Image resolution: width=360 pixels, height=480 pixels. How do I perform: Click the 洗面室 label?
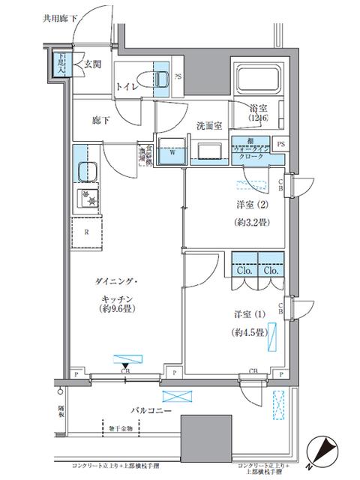[x=210, y=125]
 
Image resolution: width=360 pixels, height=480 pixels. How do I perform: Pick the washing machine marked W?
[x=171, y=150]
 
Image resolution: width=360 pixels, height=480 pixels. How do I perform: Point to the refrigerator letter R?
[x=87, y=232]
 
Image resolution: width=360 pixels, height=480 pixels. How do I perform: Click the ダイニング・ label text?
[x=124, y=280]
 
